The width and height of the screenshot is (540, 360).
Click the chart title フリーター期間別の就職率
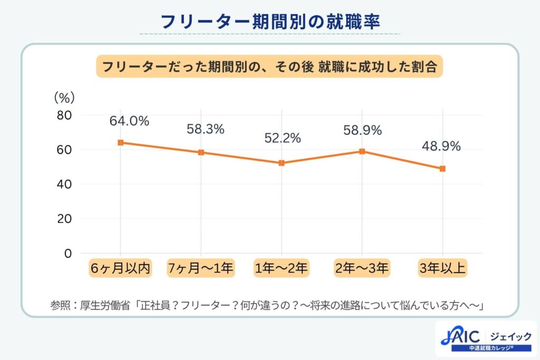click(269, 22)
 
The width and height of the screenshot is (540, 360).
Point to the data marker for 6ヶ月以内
click(121, 142)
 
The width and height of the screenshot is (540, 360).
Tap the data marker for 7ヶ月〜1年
click(201, 152)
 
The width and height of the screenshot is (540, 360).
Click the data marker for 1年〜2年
click(282, 163)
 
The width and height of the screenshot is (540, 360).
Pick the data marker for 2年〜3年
click(362, 151)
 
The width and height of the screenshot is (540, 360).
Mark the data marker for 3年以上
click(442, 169)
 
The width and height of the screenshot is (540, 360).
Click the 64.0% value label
click(129, 121)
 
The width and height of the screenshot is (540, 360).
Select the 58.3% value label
click(206, 129)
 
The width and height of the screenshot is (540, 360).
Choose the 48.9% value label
click(441, 145)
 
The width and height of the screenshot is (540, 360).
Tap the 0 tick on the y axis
click(67, 253)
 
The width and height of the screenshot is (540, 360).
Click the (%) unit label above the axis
click(64, 98)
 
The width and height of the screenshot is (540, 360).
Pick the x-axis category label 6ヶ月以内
click(121, 268)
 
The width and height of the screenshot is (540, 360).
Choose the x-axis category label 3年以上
click(442, 268)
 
